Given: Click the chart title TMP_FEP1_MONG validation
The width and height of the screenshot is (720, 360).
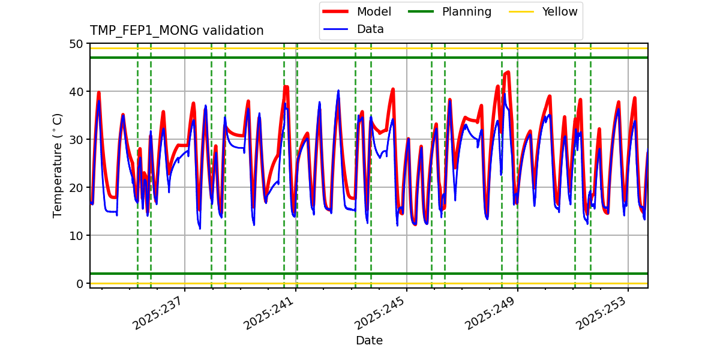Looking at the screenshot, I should [176, 31].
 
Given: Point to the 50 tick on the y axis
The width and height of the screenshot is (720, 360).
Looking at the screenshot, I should [76, 44].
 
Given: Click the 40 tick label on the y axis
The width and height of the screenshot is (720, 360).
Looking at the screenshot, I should [76, 92].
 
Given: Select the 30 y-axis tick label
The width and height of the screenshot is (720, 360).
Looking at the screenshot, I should [76, 140].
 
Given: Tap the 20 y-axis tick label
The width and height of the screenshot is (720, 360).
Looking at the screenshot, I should [76, 188].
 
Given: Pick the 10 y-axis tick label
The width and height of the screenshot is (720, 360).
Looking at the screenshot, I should [76, 236].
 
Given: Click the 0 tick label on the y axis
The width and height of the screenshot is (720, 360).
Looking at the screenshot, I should [80, 283].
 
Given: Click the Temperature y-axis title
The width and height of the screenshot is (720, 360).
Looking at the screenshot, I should [58, 165].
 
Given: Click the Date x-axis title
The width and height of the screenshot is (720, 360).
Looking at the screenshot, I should [369, 341].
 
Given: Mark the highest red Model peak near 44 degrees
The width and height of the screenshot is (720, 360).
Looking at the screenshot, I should [508, 73].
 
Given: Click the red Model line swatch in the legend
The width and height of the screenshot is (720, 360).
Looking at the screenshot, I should [338, 11].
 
